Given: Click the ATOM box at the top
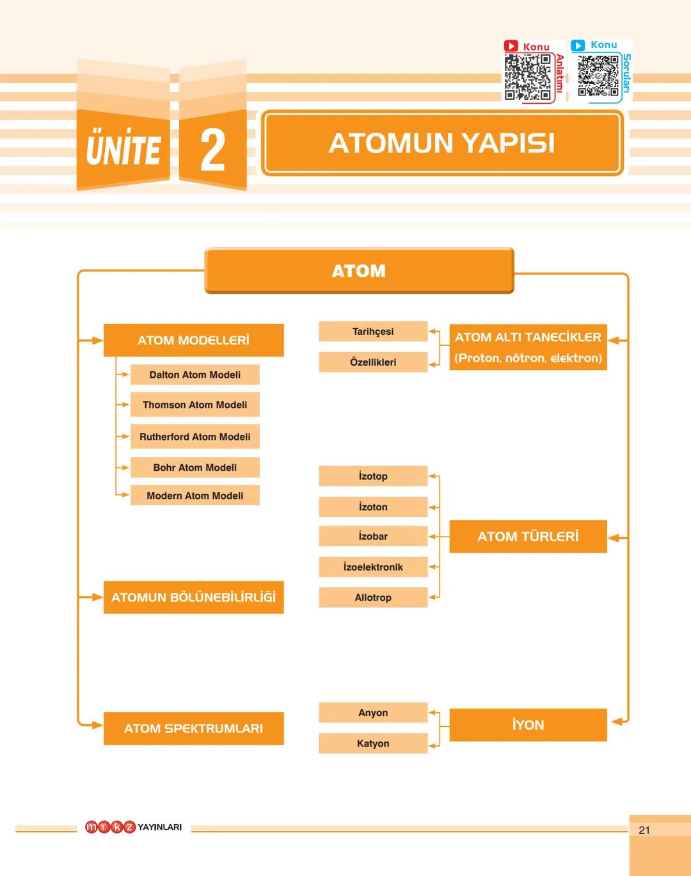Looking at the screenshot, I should click(x=359, y=271).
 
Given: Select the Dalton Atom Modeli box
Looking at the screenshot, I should click(x=195, y=375).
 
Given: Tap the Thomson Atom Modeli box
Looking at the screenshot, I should click(x=195, y=405).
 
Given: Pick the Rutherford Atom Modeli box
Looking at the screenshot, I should click(x=195, y=437).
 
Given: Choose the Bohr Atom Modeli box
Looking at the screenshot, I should click(x=195, y=467).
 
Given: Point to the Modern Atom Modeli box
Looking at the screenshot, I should click(x=195, y=496).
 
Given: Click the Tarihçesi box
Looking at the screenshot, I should click(x=373, y=332).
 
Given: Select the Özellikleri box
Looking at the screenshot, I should click(x=373, y=362).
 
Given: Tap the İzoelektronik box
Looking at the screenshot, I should click(x=373, y=567).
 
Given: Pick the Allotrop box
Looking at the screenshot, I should click(x=373, y=597).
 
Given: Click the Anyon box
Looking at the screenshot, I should click(x=373, y=713).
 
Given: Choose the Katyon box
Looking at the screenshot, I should click(x=373, y=743).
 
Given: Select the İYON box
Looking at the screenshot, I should click(x=528, y=725).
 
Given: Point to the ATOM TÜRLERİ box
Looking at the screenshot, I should click(x=528, y=537).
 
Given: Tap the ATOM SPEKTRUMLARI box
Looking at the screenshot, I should click(x=193, y=729).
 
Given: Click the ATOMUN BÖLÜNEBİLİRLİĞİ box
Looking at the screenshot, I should click(x=193, y=597).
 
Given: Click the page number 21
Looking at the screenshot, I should click(x=644, y=830).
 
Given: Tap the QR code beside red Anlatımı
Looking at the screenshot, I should click(x=527, y=77).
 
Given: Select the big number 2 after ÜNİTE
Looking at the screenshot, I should click(x=213, y=150).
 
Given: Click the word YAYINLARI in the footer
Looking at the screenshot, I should click(x=159, y=827).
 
